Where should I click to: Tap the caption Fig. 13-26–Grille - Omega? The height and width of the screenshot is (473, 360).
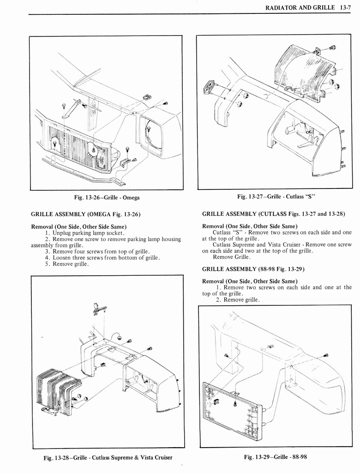point(107,198)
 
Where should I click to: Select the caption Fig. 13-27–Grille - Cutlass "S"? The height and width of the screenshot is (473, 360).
point(276,196)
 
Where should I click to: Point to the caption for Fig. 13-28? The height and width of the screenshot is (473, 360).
point(108,457)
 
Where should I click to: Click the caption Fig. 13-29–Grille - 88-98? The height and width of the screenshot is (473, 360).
point(275,457)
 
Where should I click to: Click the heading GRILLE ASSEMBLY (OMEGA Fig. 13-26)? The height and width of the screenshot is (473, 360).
point(85,214)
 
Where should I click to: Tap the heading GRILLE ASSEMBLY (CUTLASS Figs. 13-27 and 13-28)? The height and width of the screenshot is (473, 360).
point(273,214)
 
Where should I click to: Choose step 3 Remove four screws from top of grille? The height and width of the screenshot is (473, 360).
point(97,251)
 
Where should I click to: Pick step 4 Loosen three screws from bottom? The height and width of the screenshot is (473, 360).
point(102,258)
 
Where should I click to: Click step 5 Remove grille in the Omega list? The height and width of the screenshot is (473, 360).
point(67,264)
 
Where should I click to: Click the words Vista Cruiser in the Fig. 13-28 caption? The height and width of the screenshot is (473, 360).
point(155,457)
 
